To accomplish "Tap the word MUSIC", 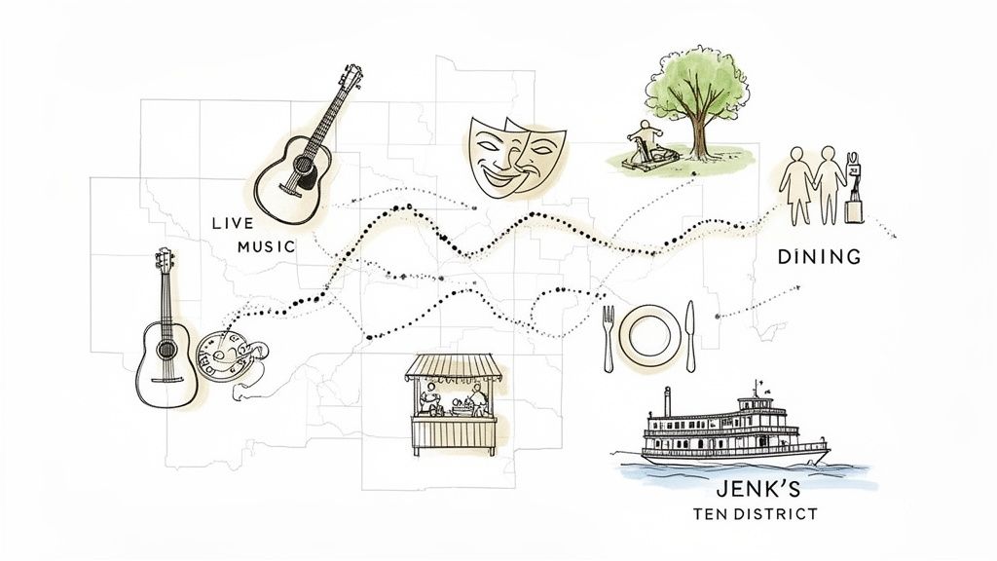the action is [266, 247].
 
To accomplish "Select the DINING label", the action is [820, 257].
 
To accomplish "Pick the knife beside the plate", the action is [690, 335].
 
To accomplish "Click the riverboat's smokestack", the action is [667, 401].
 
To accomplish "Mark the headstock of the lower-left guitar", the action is [164, 262].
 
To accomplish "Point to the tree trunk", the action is [698, 137].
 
